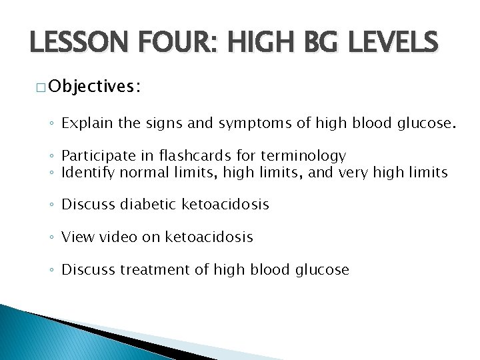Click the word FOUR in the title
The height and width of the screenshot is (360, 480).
[x=174, y=45]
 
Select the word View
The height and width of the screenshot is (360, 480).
[x=77, y=237]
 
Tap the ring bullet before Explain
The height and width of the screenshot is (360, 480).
[x=53, y=123]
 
